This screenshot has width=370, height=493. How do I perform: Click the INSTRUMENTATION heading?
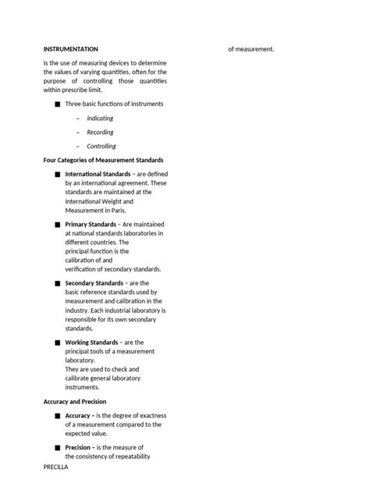coord(71,49)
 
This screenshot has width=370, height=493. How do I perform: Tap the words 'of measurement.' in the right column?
coord(251,49)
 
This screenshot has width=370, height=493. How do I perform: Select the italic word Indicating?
coord(100,119)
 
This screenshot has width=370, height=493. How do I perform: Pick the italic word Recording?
coord(100,133)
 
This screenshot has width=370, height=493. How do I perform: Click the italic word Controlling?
coord(101,146)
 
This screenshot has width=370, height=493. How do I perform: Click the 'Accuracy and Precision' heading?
coord(75,402)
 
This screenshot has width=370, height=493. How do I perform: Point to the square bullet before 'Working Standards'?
coord(57,343)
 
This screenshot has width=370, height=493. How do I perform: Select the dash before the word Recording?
coord(78,133)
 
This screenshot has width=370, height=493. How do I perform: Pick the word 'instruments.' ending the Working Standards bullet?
coord(84,387)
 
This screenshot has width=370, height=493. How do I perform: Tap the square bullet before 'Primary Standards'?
coord(57,225)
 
